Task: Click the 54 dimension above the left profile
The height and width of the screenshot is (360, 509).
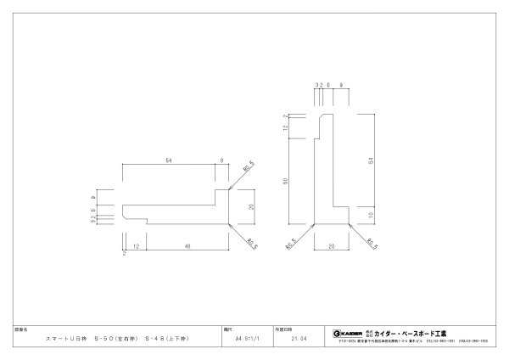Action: [168, 160]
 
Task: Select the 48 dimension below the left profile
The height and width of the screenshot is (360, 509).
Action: [187, 245]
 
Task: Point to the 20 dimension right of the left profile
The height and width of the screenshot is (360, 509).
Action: [252, 206]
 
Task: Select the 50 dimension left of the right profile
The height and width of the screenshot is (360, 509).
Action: [285, 181]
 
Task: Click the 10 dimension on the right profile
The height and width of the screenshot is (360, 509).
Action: [371, 216]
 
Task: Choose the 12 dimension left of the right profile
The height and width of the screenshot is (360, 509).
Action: [285, 128]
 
